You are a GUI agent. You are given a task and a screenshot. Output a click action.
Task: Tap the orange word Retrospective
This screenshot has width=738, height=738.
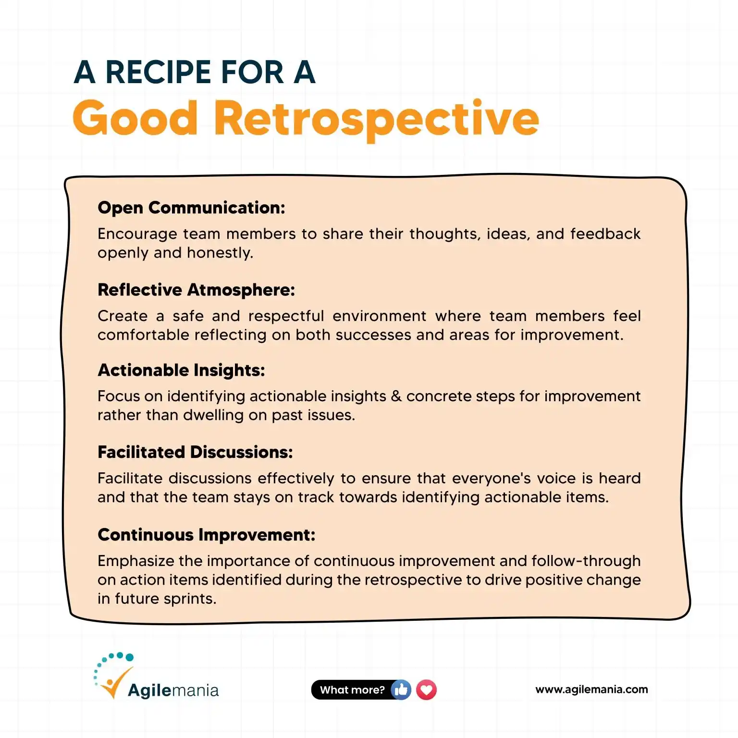376,119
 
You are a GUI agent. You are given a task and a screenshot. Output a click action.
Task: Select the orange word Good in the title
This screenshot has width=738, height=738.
135,118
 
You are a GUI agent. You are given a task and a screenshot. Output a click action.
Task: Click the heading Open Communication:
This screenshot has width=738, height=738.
191,208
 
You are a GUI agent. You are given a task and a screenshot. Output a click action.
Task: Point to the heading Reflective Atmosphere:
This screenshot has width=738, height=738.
196,290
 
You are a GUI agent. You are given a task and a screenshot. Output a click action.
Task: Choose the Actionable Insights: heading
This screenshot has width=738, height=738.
181,370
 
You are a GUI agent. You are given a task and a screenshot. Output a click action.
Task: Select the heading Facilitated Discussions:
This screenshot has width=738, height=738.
195,452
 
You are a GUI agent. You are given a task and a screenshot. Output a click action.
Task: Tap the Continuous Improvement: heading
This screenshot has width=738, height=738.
206,535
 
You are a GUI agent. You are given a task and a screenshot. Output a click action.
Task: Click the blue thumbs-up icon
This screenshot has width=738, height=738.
401,690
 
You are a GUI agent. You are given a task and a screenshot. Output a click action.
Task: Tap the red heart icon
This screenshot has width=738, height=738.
426,690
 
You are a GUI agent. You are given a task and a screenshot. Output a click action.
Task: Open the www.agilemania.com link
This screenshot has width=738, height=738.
591,689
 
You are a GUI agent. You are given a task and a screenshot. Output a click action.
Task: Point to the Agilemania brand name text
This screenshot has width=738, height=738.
173,691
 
